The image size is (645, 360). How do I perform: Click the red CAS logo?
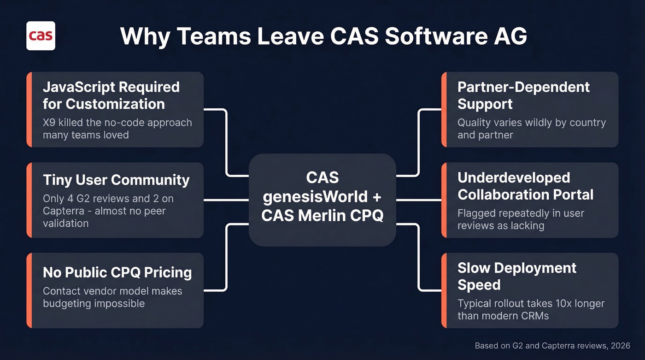41,35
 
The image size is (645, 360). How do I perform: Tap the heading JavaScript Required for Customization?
111,95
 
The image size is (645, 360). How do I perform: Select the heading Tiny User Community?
116,180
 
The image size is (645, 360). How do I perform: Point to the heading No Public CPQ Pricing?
117,272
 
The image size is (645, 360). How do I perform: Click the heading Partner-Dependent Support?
523,95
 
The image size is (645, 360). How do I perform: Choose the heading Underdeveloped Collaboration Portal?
525,186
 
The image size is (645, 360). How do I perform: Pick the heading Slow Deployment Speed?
516,276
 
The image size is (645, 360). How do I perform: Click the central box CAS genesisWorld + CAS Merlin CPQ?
322,197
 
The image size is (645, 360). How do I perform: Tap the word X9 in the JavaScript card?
49,123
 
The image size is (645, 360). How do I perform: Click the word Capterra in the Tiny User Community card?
61,211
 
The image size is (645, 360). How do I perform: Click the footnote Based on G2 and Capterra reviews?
552,345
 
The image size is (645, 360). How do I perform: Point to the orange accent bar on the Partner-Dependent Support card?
444,109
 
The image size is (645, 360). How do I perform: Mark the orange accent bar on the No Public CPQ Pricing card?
29,290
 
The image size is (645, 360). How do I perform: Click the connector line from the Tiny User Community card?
226,200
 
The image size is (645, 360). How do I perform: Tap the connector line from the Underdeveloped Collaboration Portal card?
418,200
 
